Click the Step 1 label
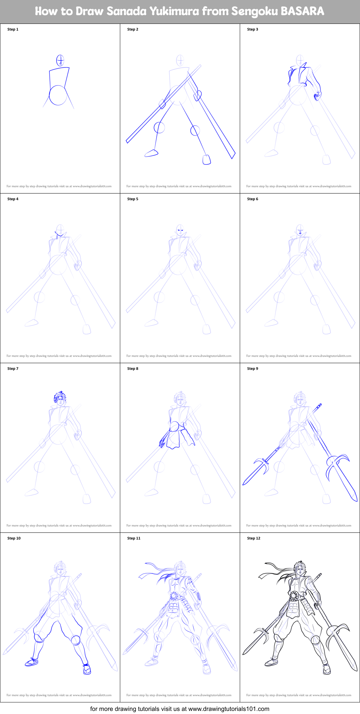(13, 29)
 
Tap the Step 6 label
(252, 199)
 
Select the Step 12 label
(253, 538)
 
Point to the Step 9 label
(252, 369)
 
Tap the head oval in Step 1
(60, 60)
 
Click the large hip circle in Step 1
(58, 95)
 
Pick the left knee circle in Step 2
(159, 128)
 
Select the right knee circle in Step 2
(195, 130)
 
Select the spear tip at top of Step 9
(319, 406)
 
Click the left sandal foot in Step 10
(32, 663)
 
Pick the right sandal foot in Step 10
(87, 669)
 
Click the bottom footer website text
(179, 709)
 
